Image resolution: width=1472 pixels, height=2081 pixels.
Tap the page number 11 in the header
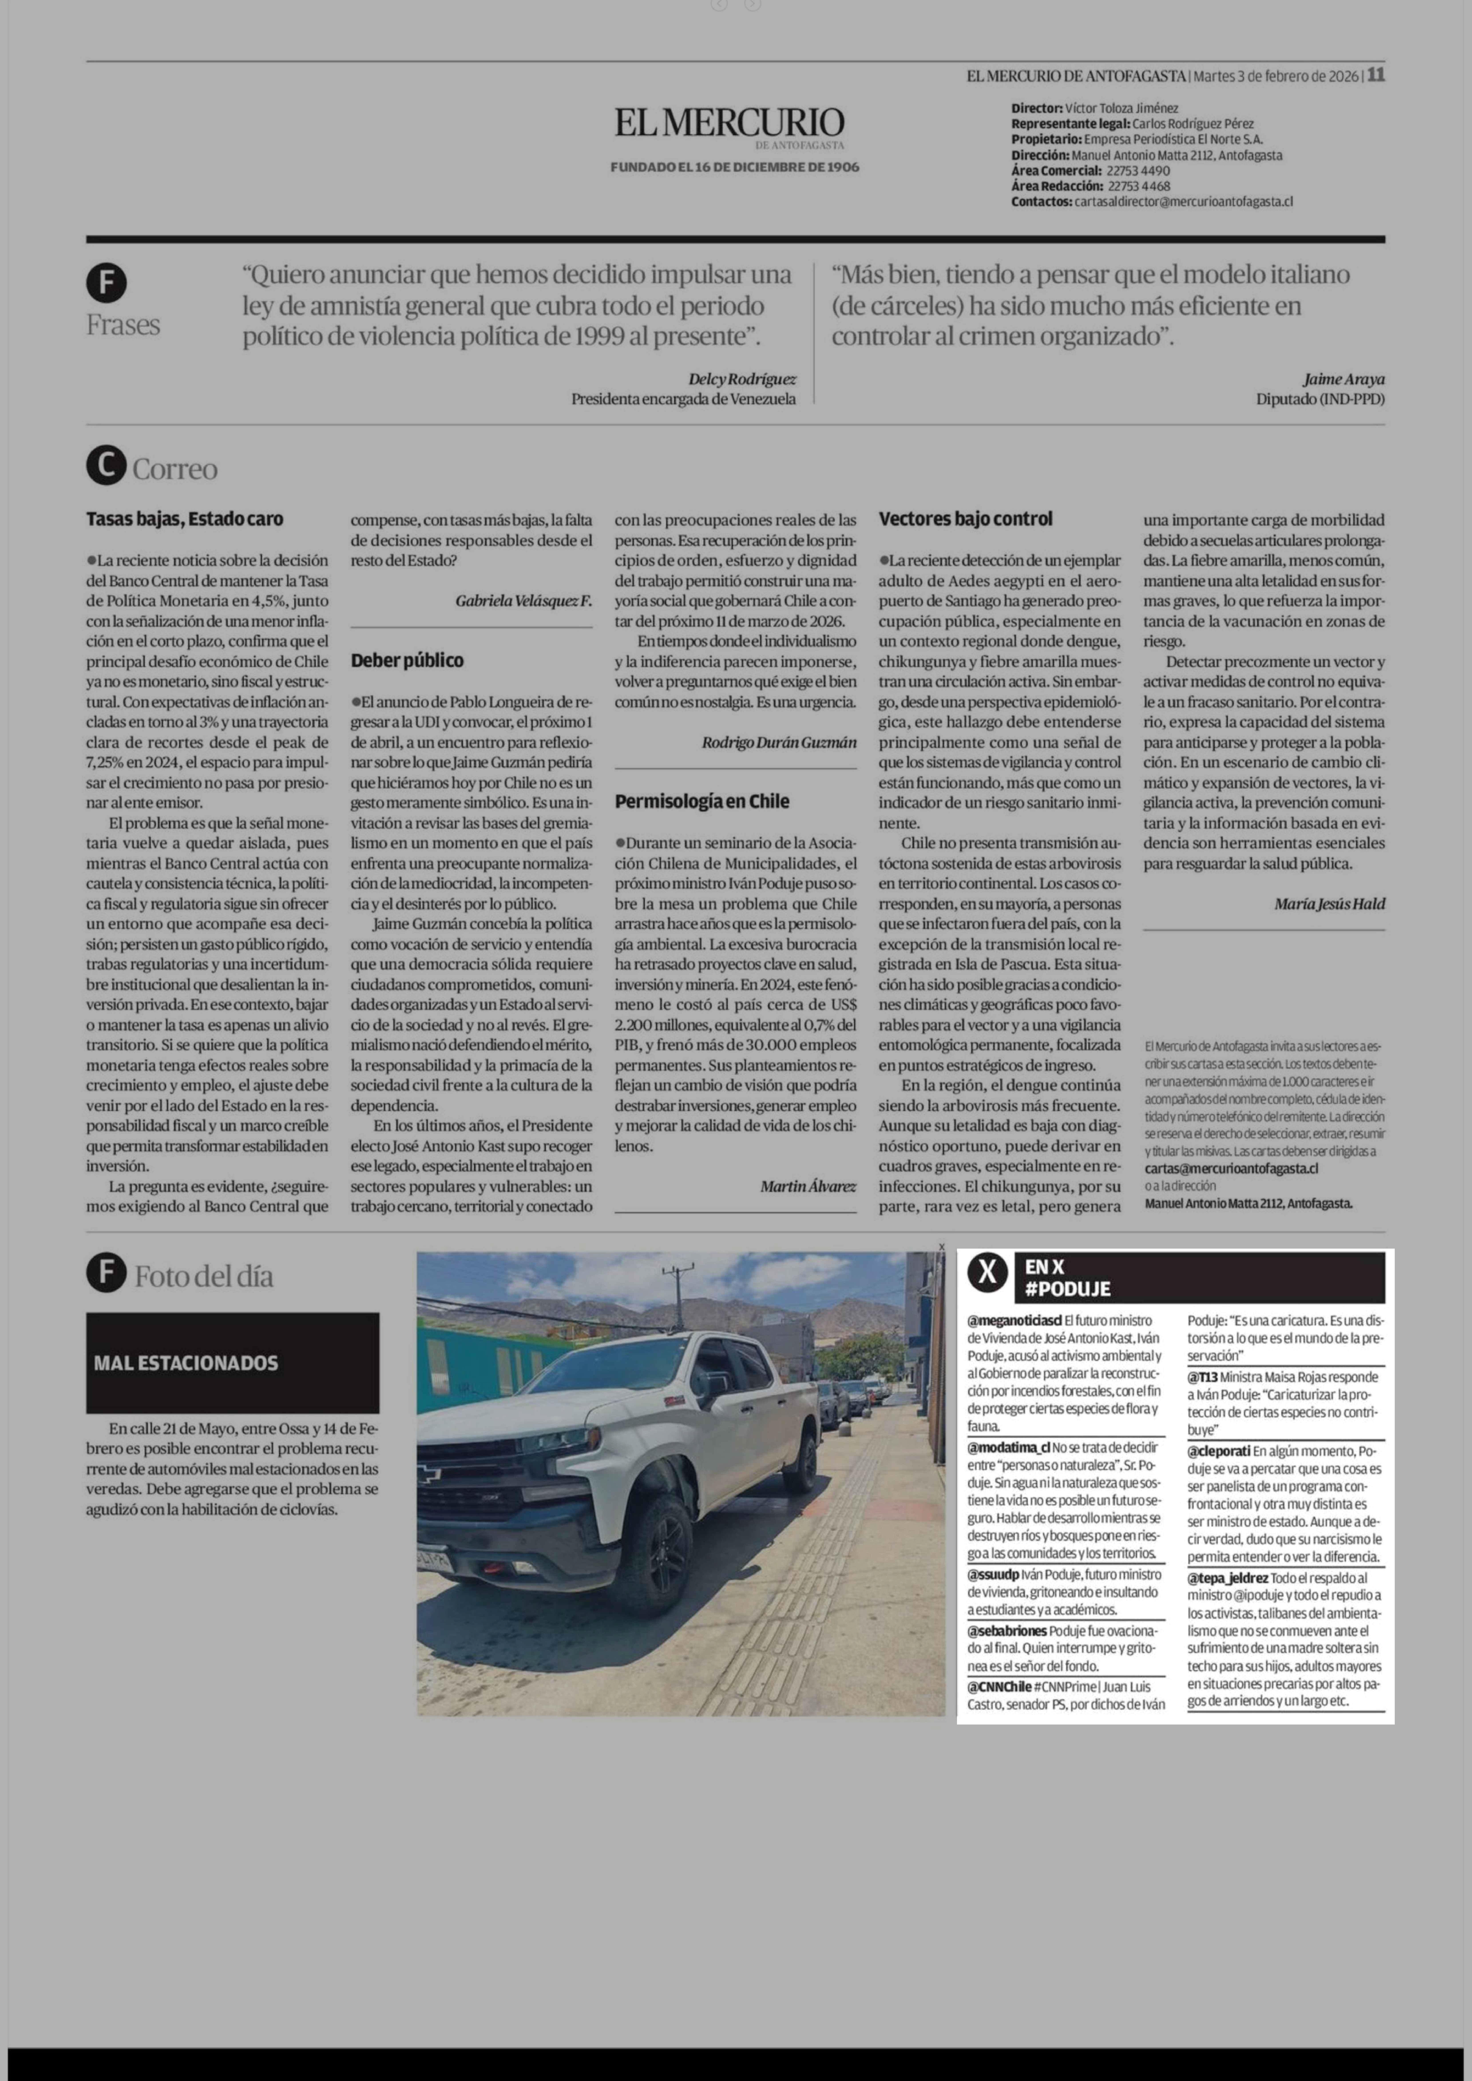pyautogui.click(x=1376, y=75)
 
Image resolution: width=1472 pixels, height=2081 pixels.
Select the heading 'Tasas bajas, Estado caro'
pyautogui.click(x=185, y=519)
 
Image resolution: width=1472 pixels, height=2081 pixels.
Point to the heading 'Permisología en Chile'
pyautogui.click(x=701, y=801)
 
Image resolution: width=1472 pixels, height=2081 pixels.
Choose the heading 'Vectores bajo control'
pyautogui.click(x=965, y=519)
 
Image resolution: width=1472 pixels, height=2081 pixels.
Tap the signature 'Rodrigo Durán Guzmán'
pyautogui.click(x=779, y=742)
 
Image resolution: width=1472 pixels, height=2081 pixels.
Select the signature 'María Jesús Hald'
pyautogui.click(x=1329, y=904)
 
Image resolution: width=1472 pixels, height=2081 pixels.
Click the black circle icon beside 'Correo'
pyautogui.click(x=106, y=467)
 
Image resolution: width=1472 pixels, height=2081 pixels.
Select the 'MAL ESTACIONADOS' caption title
pyautogui.click(x=186, y=1363)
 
